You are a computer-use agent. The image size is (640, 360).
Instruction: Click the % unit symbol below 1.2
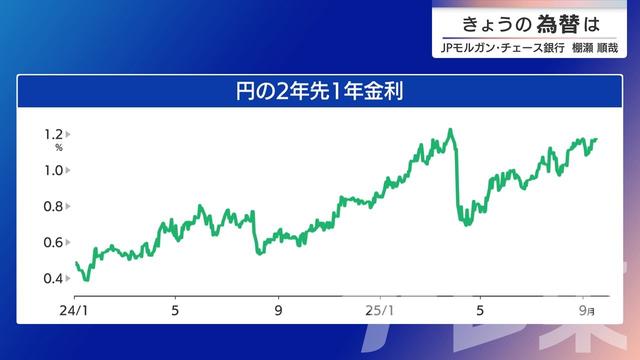click(59, 148)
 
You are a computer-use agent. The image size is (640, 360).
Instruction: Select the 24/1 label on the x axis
click(72, 310)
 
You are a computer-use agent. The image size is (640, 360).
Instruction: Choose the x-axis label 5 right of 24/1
click(175, 310)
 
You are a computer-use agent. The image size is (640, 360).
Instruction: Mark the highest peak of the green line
click(451, 129)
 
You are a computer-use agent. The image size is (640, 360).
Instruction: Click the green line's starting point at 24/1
click(76, 263)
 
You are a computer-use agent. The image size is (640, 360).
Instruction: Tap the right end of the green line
click(596, 140)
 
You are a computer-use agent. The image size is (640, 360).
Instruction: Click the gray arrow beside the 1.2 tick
click(68, 134)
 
